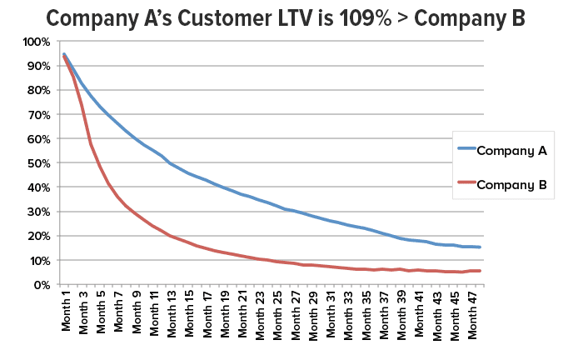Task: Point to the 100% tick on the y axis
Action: (x=37, y=42)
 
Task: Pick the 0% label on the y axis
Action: (x=42, y=285)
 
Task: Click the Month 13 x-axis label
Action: (x=172, y=313)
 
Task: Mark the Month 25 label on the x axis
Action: (x=279, y=313)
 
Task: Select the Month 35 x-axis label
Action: (x=367, y=313)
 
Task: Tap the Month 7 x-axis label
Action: (x=118, y=312)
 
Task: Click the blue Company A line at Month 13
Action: (x=171, y=163)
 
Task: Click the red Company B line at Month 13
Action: (x=171, y=237)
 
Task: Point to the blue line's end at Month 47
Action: (x=480, y=247)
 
